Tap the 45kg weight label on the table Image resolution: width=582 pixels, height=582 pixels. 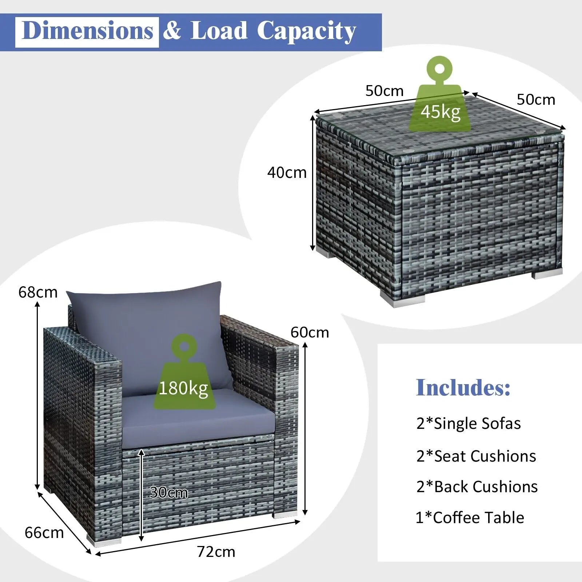tap(441, 112)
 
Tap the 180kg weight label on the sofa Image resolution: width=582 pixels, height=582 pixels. tap(183, 388)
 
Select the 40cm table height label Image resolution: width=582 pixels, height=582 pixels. tap(287, 172)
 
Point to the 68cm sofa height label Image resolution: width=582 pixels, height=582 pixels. tap(38, 292)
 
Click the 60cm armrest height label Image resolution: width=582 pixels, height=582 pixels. tap(310, 332)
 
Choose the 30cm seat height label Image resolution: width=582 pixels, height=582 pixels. tap(169, 493)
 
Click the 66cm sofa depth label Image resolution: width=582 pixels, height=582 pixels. tap(44, 533)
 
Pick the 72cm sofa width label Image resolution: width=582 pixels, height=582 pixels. tap(216, 552)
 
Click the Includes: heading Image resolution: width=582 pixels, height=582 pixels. tap(463, 387)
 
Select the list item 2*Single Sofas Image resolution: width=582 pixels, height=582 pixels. tap(469, 423)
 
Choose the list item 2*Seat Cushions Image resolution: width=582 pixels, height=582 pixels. tap(476, 456)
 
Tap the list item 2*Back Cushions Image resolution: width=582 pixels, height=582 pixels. tap(477, 487)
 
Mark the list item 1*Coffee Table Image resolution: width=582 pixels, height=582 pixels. tap(470, 518)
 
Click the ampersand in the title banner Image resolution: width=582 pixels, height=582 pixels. tap(172, 31)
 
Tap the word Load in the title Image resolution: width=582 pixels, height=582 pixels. tap(219, 31)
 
